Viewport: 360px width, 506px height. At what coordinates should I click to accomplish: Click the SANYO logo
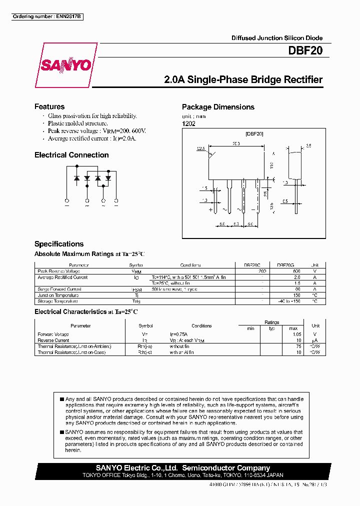pyautogui.click(x=65, y=65)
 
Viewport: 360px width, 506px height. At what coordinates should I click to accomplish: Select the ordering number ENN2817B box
pyautogui.click(x=47, y=17)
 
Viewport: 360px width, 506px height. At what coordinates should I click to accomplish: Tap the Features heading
pyautogui.click(x=49, y=106)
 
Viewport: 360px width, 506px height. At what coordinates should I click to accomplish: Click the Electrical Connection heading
pyautogui.click(x=71, y=155)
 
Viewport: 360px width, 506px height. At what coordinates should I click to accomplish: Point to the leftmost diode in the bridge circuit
pyautogui.click(x=76, y=177)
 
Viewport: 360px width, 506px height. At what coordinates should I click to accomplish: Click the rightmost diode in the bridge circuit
pyautogui.click(x=108, y=177)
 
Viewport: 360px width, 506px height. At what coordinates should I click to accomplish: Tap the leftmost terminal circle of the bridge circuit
pyautogui.click(x=67, y=200)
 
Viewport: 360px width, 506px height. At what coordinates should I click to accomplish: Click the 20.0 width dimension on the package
pyautogui.click(x=236, y=143)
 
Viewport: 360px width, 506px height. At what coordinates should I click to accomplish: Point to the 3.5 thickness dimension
pyautogui.click(x=308, y=145)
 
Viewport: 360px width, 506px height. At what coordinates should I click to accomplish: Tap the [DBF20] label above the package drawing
pyautogui.click(x=254, y=133)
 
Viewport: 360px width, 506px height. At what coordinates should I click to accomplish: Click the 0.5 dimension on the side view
pyautogui.click(x=284, y=201)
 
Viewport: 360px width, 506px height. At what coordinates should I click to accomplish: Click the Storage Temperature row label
pyautogui.click(x=58, y=301)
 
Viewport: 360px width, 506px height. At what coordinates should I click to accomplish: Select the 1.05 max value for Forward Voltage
pyautogui.click(x=297, y=334)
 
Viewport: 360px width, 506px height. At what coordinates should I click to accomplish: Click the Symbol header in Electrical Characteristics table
pyautogui.click(x=146, y=325)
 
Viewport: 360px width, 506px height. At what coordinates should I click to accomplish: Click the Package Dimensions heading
pyautogui.click(x=218, y=107)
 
